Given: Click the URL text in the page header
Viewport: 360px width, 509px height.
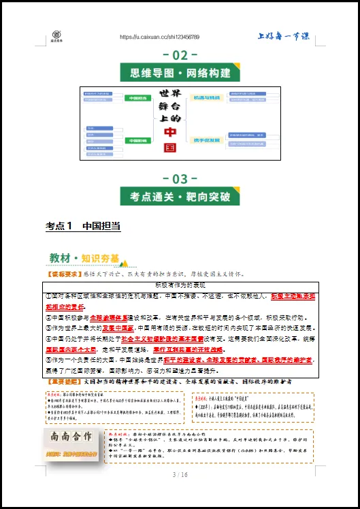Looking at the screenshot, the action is click(159, 37).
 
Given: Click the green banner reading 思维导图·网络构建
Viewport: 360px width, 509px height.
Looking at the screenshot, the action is click(180, 73).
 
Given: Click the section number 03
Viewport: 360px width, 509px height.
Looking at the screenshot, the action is click(180, 179).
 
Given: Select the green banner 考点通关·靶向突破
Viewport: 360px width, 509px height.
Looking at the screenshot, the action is click(180, 197).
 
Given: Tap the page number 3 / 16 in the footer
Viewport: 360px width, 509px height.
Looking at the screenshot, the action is click(180, 493).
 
